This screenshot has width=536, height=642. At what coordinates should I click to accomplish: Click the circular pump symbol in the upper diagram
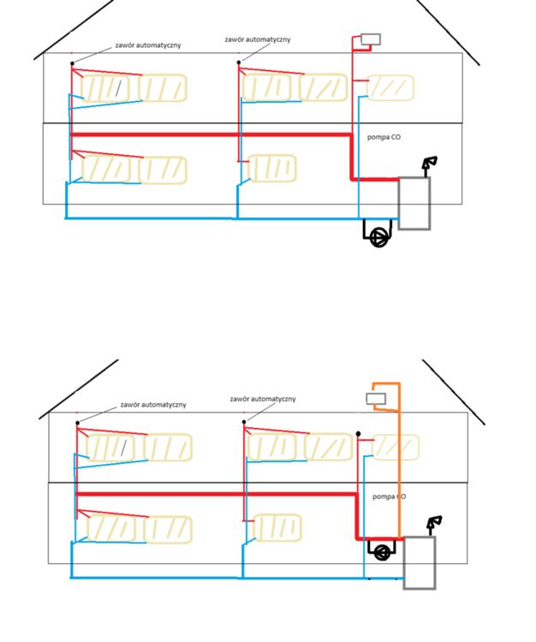[378, 237]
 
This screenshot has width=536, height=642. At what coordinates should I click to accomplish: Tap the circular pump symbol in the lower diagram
[383, 551]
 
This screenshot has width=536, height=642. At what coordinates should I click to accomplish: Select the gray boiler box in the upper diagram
[414, 204]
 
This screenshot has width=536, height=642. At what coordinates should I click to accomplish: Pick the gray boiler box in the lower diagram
[420, 562]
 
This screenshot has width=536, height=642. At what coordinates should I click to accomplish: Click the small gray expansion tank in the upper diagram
[371, 39]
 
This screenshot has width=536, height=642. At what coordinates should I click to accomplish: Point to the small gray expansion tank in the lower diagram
[376, 398]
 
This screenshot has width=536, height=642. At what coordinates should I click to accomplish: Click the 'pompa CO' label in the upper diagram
[382, 138]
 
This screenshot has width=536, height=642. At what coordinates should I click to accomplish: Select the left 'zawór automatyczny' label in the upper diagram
[147, 45]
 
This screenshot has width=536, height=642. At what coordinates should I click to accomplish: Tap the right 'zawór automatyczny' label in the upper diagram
[258, 39]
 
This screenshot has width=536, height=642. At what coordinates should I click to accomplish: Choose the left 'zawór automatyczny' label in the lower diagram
[153, 404]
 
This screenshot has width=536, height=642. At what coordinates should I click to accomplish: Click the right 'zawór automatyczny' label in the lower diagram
[263, 399]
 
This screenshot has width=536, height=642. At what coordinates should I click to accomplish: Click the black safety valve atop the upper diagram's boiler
[429, 163]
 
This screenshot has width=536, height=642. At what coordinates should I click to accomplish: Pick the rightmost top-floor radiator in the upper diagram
[390, 87]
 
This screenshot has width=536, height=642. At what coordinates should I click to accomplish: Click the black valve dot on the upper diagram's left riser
[72, 62]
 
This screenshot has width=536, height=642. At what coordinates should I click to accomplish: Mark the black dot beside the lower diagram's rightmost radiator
[359, 434]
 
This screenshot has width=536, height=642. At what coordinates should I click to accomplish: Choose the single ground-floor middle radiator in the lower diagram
[279, 526]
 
